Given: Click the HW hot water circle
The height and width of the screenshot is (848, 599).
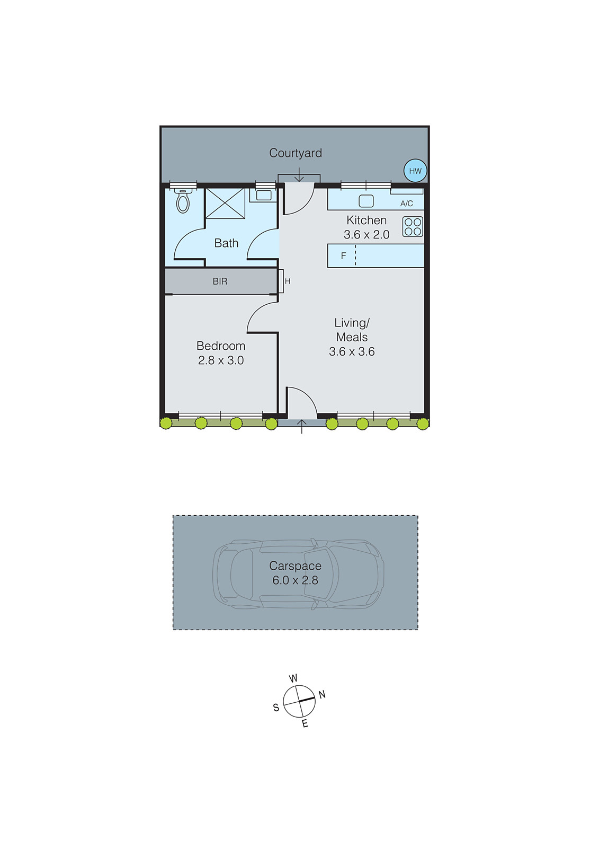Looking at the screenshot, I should (x=415, y=171).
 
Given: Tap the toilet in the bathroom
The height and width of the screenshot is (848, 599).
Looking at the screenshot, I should (x=183, y=200).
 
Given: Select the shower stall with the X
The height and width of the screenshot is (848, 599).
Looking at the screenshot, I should (x=225, y=203).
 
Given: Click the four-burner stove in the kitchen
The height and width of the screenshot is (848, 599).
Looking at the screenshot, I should (x=413, y=227).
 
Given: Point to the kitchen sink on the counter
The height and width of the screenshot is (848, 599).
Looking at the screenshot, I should (x=366, y=201).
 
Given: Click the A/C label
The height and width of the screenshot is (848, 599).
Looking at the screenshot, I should (x=406, y=204).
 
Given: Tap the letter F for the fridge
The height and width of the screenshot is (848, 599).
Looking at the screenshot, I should (x=343, y=256).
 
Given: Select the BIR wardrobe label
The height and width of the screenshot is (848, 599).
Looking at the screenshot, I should (x=220, y=281).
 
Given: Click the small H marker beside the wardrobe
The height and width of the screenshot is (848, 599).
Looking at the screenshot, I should (x=288, y=281).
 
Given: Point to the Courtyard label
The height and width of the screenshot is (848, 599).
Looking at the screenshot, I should (x=295, y=153).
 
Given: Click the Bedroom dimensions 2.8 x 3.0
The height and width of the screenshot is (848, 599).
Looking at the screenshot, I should (x=220, y=360).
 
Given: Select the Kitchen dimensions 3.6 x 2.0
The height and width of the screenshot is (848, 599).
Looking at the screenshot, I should (x=366, y=235).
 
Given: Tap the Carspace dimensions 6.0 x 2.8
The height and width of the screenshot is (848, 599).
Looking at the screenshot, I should (x=295, y=580).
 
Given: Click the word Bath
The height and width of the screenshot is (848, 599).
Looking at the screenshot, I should (x=226, y=243).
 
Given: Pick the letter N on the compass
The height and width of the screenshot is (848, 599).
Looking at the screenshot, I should (x=322, y=694).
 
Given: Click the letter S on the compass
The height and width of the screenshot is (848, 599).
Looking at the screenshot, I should (x=276, y=708).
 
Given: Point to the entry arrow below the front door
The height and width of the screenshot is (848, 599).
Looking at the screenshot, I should (x=302, y=426).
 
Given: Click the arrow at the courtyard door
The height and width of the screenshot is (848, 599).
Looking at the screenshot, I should (x=299, y=174).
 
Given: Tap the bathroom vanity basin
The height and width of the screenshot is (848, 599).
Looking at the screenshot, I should (x=263, y=195).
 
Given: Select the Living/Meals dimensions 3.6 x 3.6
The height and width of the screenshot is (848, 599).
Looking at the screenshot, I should (x=352, y=351).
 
